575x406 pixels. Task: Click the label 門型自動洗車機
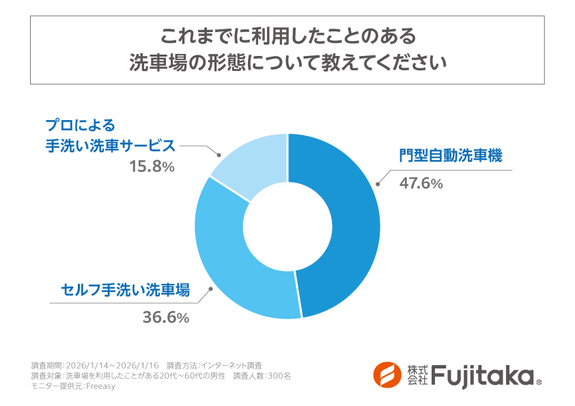pyautogui.click(x=451, y=156)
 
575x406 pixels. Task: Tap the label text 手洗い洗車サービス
pyautogui.click(x=111, y=146)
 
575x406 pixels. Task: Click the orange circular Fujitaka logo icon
pyautogui.click(x=387, y=374)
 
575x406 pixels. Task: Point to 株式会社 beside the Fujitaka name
pyautogui.click(x=417, y=375)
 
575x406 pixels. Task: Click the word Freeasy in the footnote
pyautogui.click(x=102, y=386)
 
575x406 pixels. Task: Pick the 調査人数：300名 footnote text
pyautogui.click(x=262, y=376)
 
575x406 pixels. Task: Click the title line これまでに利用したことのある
pyautogui.click(x=287, y=34)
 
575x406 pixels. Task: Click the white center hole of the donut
pyautogui.click(x=287, y=226)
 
